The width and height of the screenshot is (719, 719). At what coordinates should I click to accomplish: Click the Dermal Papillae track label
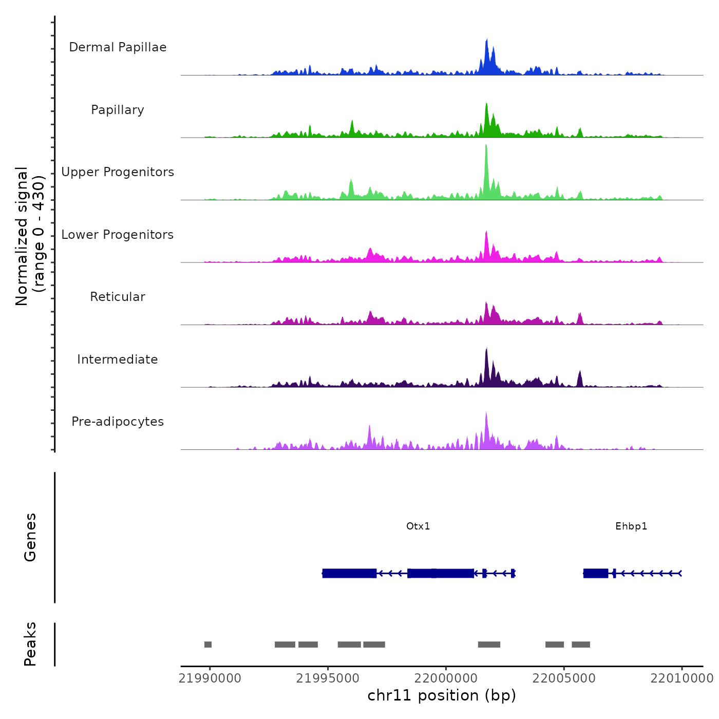pos(118,47)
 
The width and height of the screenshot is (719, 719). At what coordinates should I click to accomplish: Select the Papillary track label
pos(118,110)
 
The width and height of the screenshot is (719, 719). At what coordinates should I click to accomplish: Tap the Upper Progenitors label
pos(118,172)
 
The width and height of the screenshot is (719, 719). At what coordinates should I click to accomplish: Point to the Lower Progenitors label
pos(118,235)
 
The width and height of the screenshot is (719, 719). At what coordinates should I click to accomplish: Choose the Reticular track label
pos(118,297)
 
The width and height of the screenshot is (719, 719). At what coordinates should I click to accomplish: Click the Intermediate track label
pos(118,359)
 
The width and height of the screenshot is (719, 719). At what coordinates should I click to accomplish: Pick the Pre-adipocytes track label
pos(118,422)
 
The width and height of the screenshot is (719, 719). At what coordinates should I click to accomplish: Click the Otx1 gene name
pos(418,526)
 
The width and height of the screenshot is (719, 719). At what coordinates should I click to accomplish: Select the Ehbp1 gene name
pos(631,526)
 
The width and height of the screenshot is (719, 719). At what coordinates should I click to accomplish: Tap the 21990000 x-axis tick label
pos(210,678)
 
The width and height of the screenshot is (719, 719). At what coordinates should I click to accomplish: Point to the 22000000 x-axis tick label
pos(446,678)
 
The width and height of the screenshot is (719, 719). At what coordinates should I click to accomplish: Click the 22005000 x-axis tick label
pos(564,678)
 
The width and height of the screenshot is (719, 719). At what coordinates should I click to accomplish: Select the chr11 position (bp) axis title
pos(442,695)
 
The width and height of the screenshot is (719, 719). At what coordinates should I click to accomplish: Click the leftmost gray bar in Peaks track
pos(208,645)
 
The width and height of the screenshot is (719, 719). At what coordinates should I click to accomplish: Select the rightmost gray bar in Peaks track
pos(581,645)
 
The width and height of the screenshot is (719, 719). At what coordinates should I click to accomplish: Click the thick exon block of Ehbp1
pos(596,573)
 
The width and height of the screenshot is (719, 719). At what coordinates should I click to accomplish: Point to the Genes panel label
pos(30,537)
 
